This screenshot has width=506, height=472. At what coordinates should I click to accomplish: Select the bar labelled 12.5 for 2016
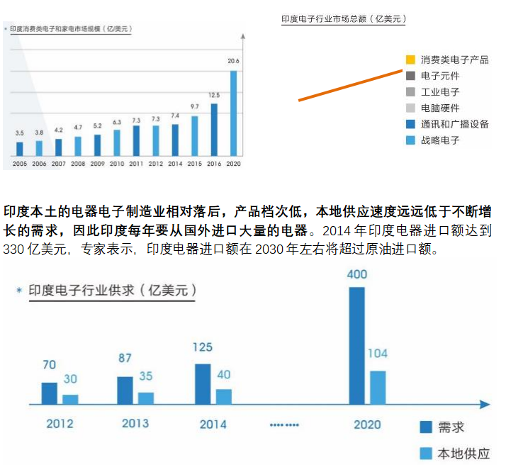coord(214,130)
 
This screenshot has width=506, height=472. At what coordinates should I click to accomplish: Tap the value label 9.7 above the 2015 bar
coord(194,106)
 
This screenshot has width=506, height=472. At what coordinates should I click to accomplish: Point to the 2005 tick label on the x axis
coord(18,163)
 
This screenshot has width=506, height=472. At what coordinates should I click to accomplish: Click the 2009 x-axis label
coord(96,163)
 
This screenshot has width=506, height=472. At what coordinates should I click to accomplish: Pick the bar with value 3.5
coord(20,149)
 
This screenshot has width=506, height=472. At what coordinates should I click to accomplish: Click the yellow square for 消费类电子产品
coord(410,60)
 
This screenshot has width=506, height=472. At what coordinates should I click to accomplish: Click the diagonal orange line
coord(350,85)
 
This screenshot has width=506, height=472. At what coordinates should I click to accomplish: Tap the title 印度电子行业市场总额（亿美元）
coord(343,19)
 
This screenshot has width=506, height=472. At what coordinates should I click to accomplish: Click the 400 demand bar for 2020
coord(357,347)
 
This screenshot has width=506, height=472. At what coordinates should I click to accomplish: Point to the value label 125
coord(203,347)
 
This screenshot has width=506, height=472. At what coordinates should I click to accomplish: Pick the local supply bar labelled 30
coord(70,399)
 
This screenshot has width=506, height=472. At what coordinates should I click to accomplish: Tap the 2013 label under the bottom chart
coord(135,423)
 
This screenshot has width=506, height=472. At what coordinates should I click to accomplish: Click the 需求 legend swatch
coord(426,427)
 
